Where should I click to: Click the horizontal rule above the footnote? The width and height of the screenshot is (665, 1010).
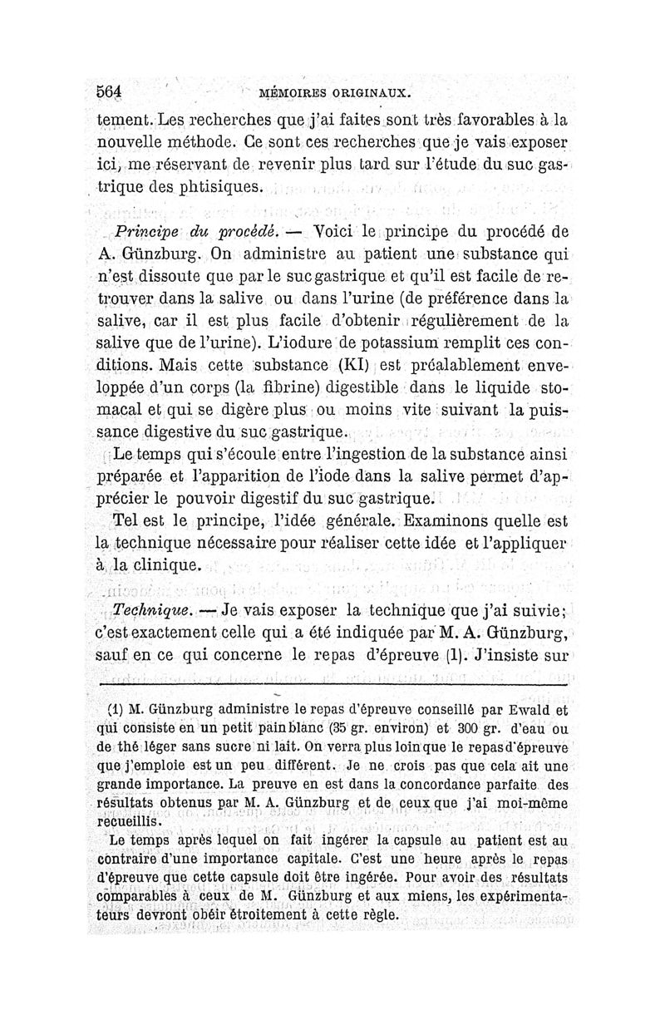pos(332,683)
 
